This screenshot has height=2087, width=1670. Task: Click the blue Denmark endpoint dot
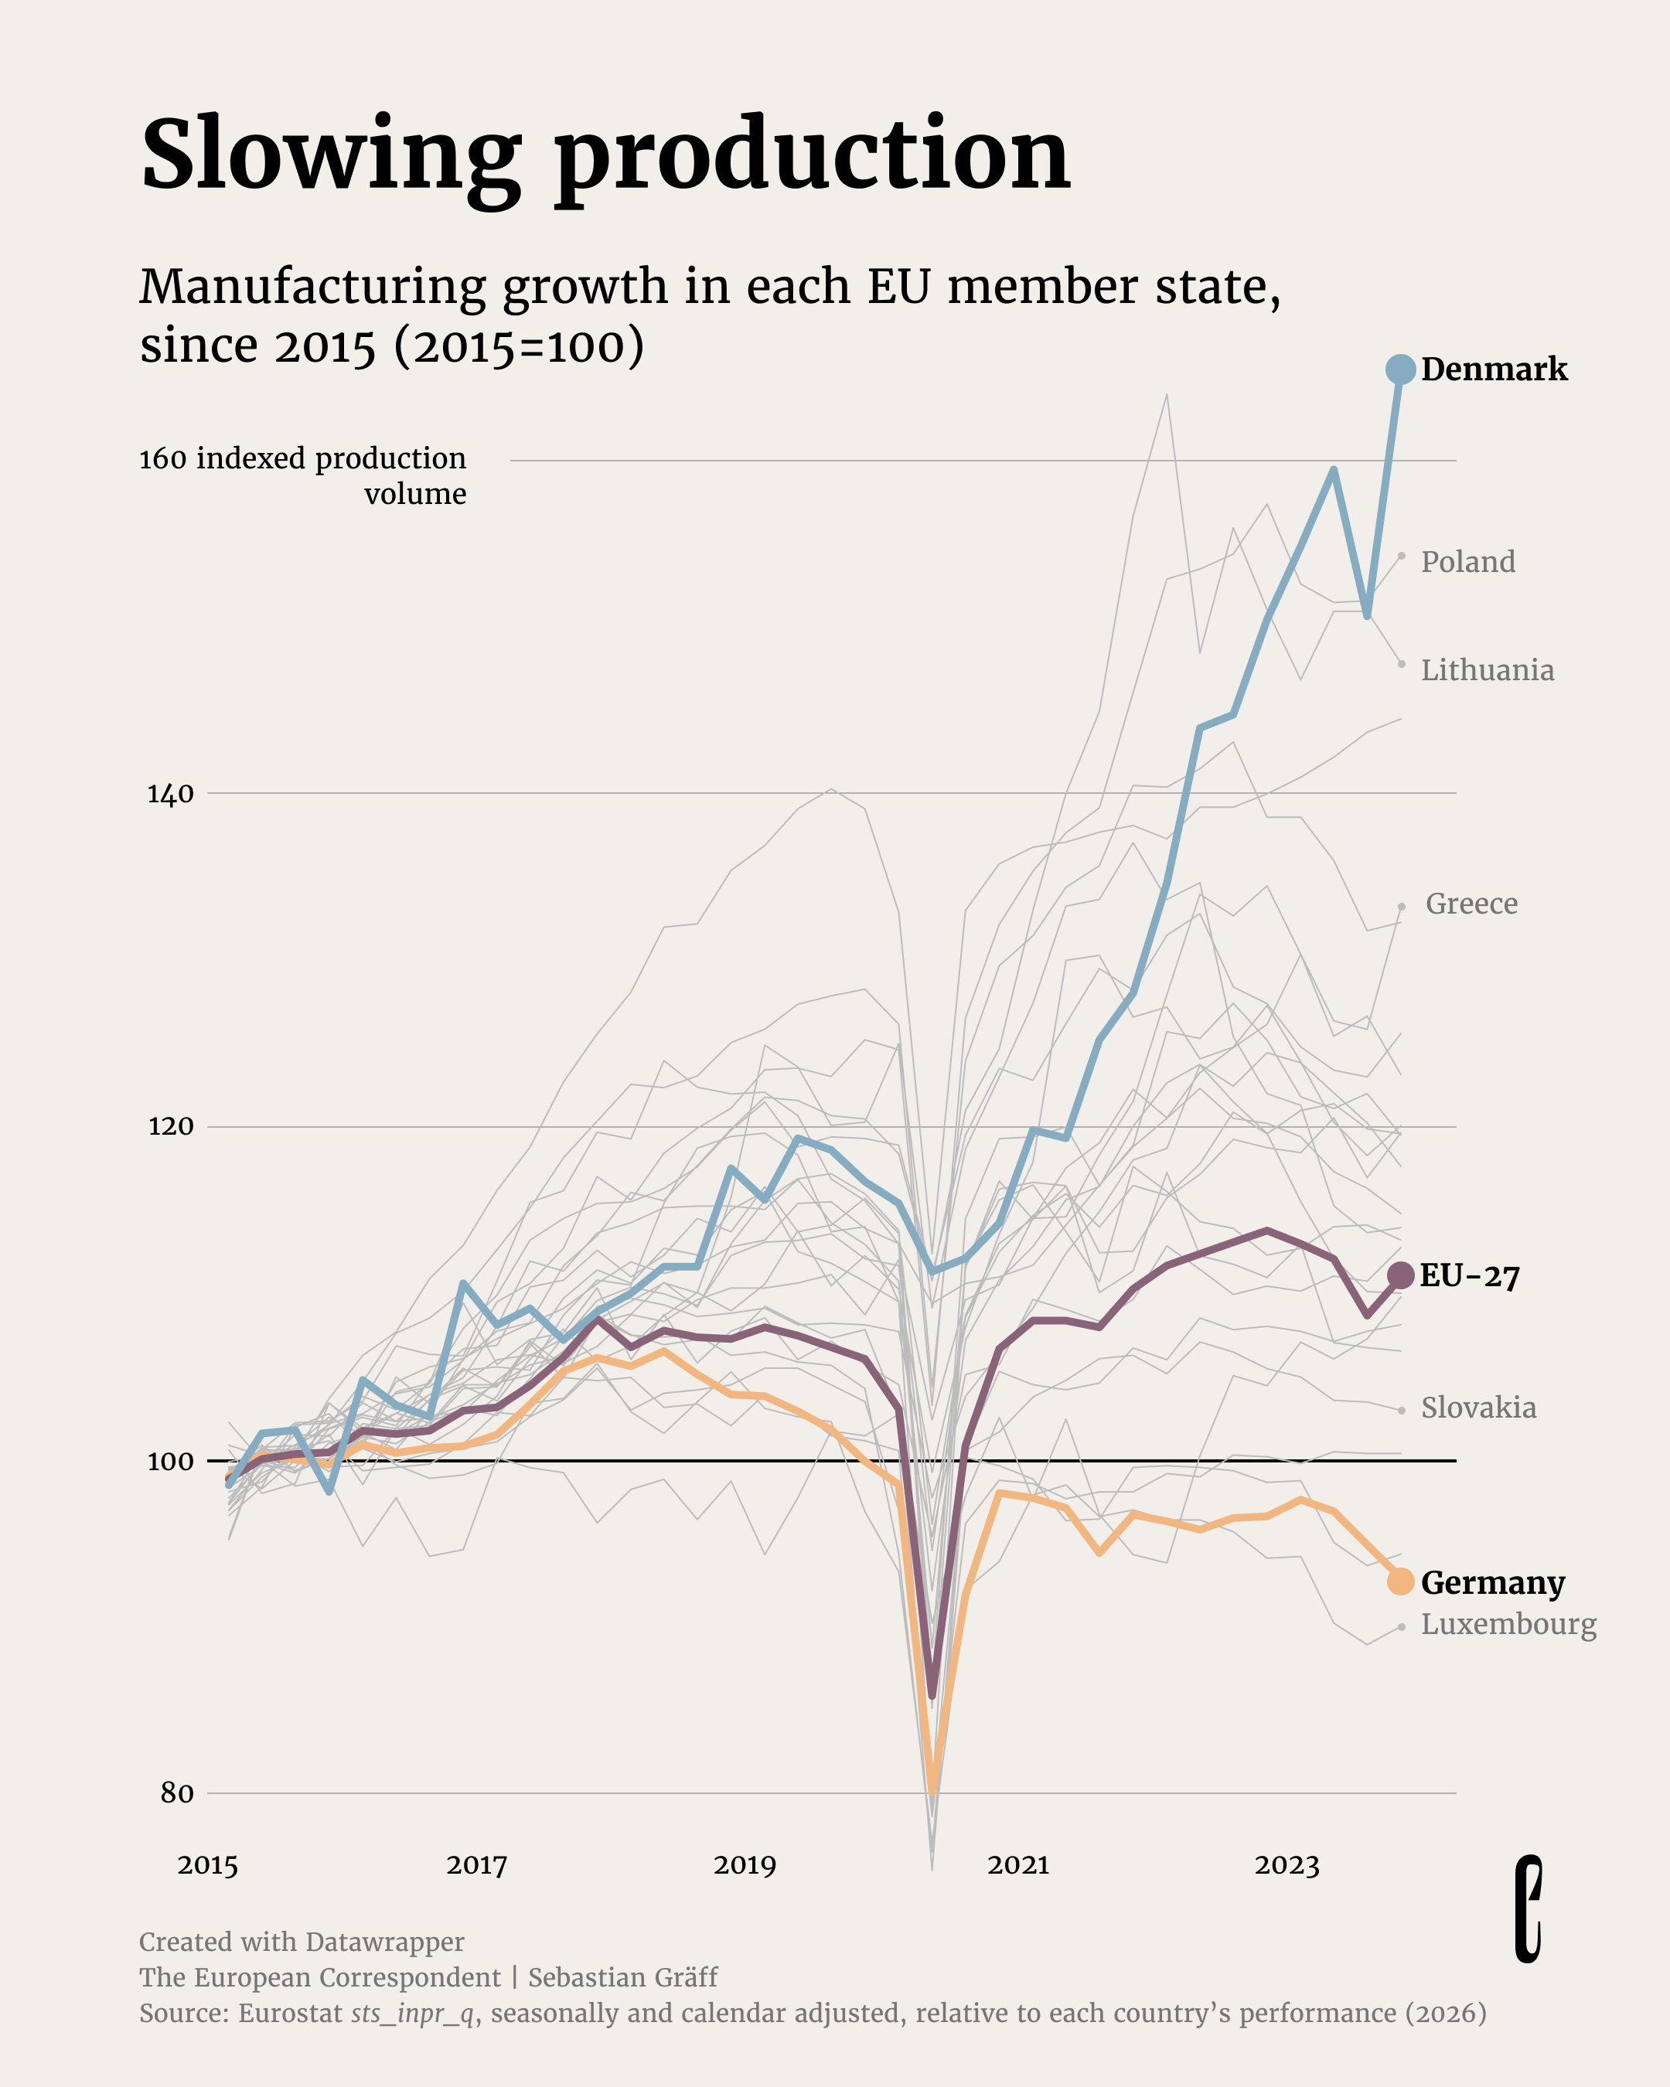(x=1400, y=369)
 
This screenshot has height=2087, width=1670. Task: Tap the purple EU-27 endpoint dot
(x=1400, y=1276)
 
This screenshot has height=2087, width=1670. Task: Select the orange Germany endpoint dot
(x=1400, y=1581)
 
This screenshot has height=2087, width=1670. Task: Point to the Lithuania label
(x=1487, y=670)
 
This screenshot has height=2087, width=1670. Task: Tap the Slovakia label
(x=1478, y=1408)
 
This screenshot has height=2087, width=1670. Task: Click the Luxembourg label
(x=1508, y=1623)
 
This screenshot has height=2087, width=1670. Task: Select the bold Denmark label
(x=1494, y=369)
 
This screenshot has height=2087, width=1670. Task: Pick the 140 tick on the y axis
(x=170, y=795)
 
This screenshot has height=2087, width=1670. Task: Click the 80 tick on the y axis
(x=177, y=1793)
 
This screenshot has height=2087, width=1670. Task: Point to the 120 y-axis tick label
(x=170, y=1127)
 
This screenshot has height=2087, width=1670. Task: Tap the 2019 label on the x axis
(x=745, y=1865)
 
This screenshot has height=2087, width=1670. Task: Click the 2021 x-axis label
(x=1017, y=1865)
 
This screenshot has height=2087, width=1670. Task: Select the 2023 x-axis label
(x=1287, y=1865)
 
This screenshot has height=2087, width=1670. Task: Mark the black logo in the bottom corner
(x=1528, y=1909)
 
